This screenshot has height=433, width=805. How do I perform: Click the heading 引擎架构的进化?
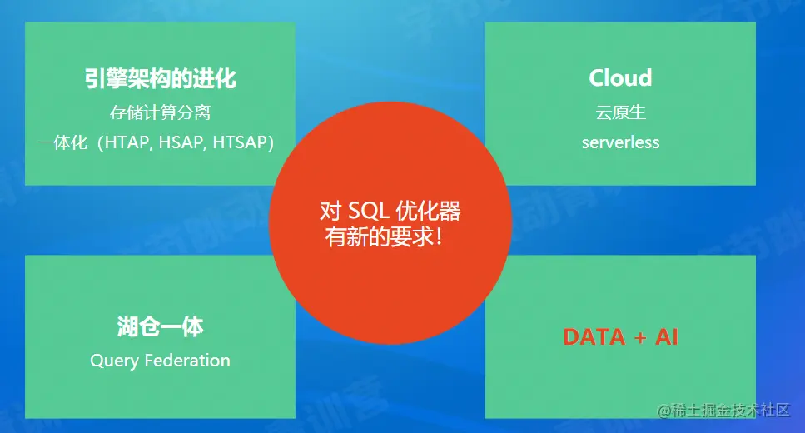pos(160,78)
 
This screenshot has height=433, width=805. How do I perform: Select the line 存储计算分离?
pos(160,112)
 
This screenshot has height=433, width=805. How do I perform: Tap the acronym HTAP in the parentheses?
pos(127,142)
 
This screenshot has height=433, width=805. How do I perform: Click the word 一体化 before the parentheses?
pos(62,142)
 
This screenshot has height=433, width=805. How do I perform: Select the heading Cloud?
pos(620,78)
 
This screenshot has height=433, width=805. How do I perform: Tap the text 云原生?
pos(620,112)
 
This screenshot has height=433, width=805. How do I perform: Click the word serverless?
pos(620,142)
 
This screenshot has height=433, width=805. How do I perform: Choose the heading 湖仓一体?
pos(160,326)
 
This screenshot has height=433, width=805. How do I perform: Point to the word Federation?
pos(187,360)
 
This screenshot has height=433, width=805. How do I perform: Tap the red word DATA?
pos(594,337)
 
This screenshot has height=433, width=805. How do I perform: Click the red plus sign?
pos(639,338)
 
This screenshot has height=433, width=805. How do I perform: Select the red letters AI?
pos(666,337)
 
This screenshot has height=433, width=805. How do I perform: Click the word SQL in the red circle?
pos(366,211)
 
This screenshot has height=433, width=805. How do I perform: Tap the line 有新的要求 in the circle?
pos(380,236)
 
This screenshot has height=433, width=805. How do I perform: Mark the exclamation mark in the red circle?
pos(439,236)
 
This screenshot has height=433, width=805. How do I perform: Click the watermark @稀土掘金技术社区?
pos(724,410)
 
